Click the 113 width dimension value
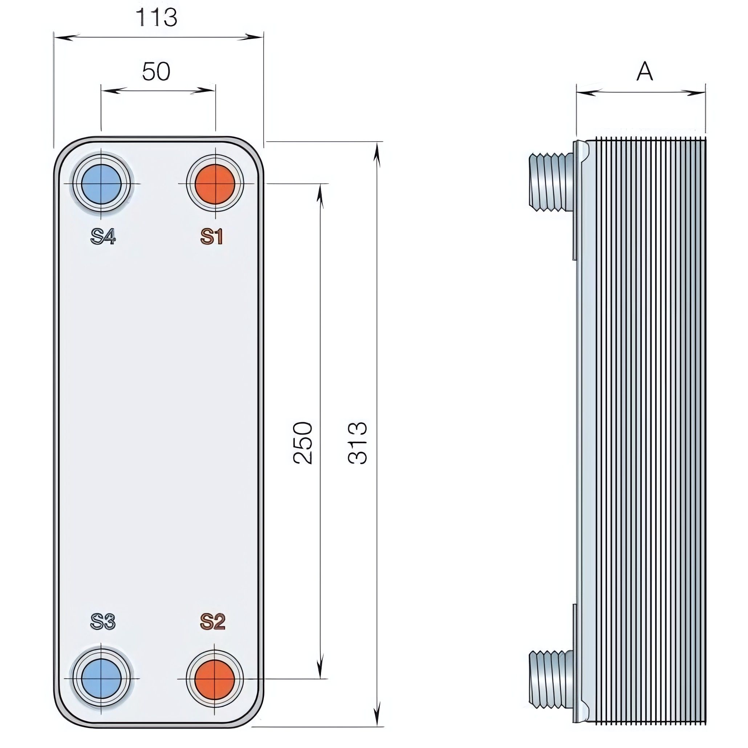[x=156, y=17]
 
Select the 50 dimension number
[x=156, y=72]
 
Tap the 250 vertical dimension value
[x=303, y=443]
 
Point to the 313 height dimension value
[x=357, y=443]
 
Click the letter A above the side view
[x=645, y=71]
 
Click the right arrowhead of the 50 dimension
[x=203, y=91]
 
